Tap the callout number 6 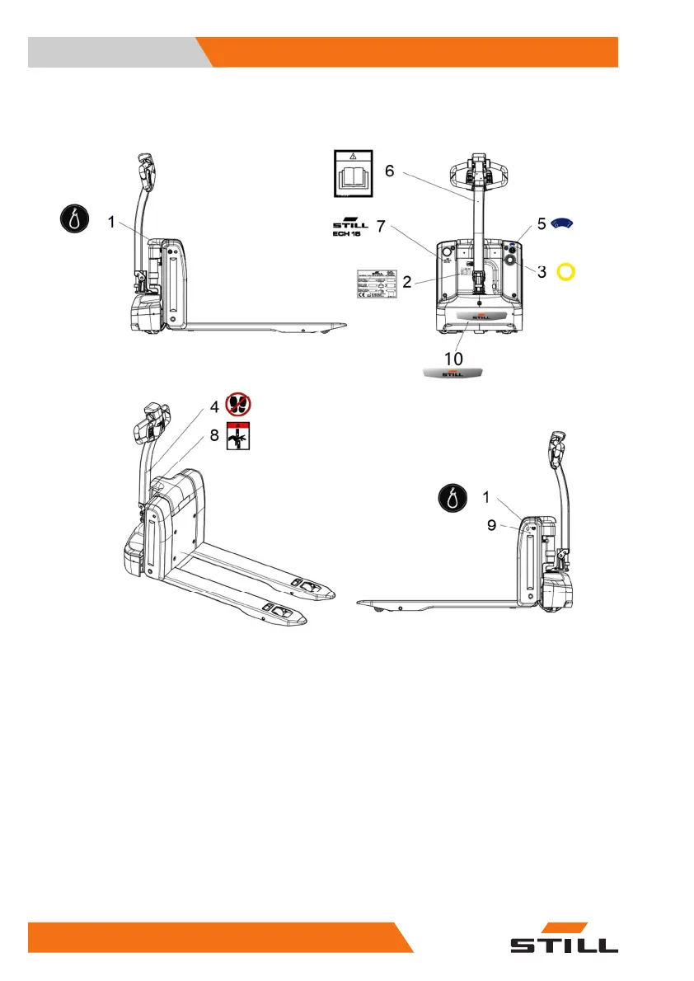[x=389, y=171]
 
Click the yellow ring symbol [x=565, y=271]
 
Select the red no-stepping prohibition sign [x=239, y=404]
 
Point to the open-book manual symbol [x=353, y=173]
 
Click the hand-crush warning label [x=239, y=437]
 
